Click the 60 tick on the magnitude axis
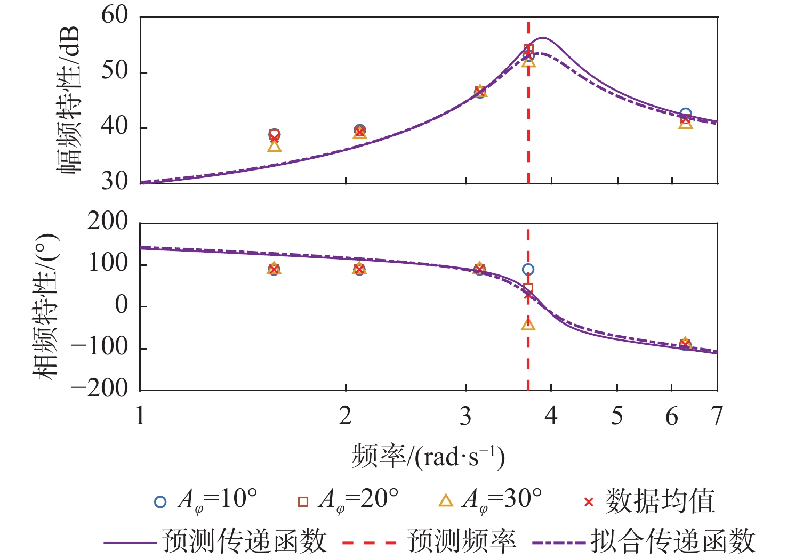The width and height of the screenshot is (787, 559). click(x=115, y=16)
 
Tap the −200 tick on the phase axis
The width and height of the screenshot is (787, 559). click(x=100, y=388)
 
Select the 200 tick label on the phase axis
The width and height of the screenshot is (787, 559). click(x=108, y=221)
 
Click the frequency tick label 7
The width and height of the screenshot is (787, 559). click(x=717, y=416)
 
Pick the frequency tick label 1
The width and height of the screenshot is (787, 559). click(x=140, y=416)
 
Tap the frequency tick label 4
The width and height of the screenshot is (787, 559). click(x=551, y=416)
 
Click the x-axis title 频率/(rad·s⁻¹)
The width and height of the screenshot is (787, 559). click(x=428, y=457)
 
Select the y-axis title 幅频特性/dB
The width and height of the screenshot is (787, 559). click(x=69, y=100)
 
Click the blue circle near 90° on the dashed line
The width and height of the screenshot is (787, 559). click(x=528, y=270)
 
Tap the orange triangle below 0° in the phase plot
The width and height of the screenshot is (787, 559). click(x=528, y=323)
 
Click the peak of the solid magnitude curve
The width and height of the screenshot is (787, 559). click(x=543, y=38)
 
